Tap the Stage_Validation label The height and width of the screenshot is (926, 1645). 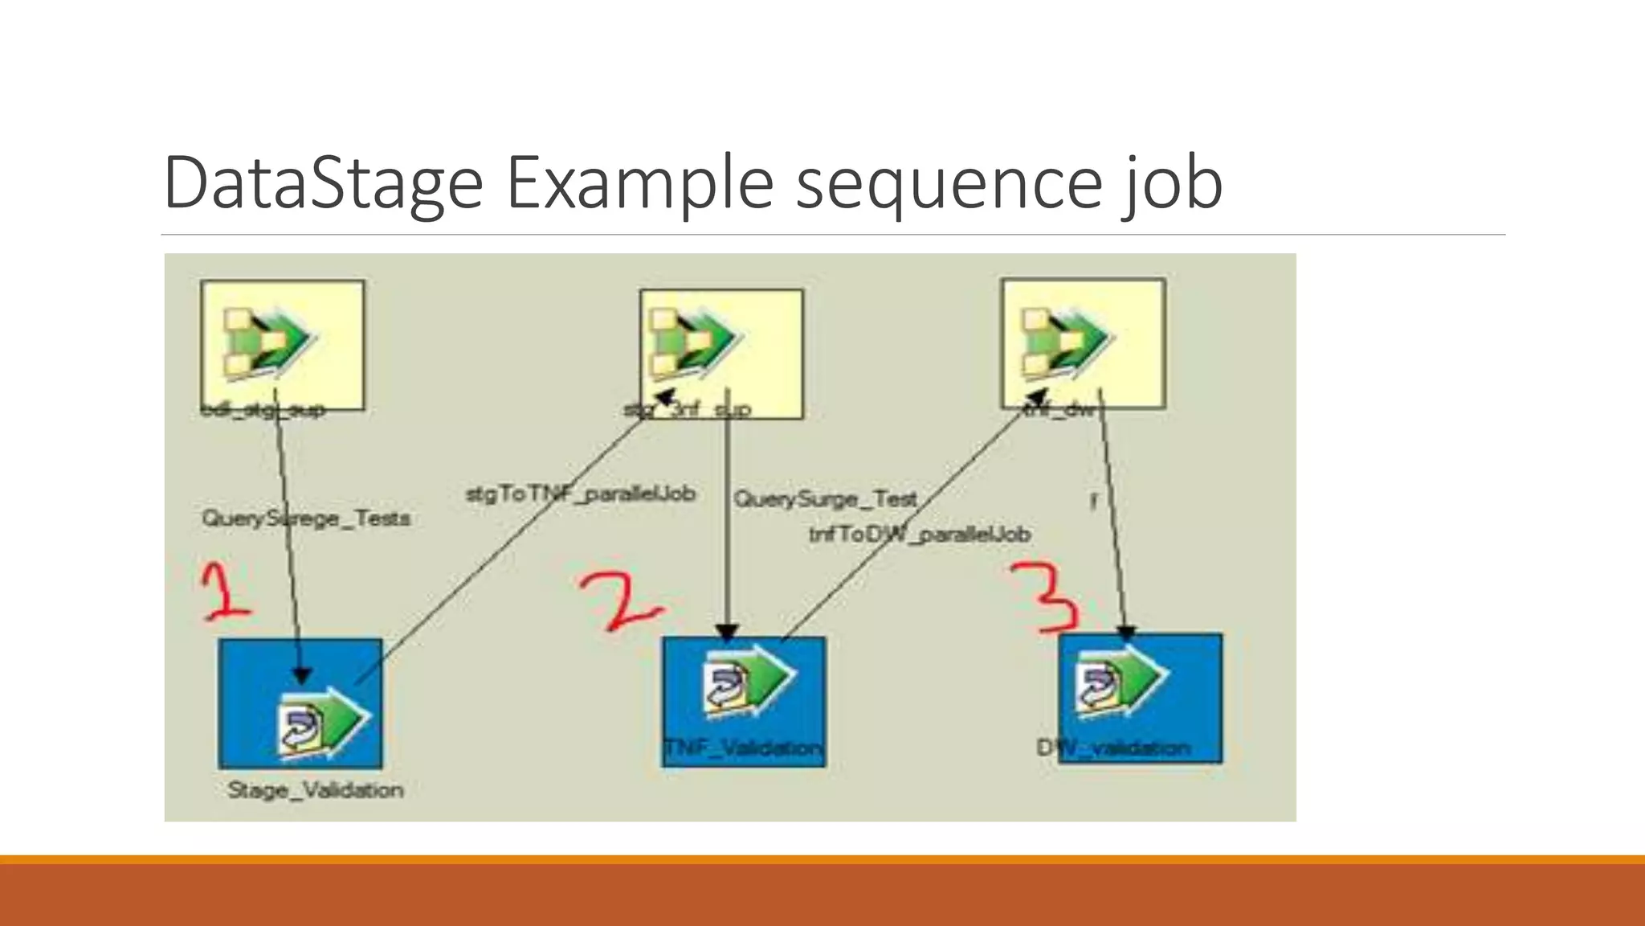(315, 790)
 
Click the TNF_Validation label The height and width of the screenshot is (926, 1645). (743, 748)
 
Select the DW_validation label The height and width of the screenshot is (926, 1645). (1113, 748)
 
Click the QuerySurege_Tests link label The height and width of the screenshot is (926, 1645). (305, 518)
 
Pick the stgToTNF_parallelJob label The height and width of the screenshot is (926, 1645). (580, 494)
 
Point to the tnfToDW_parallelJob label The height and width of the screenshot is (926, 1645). (919, 534)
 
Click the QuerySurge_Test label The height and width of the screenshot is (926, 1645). (825, 499)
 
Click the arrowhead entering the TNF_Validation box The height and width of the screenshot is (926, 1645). (727, 633)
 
